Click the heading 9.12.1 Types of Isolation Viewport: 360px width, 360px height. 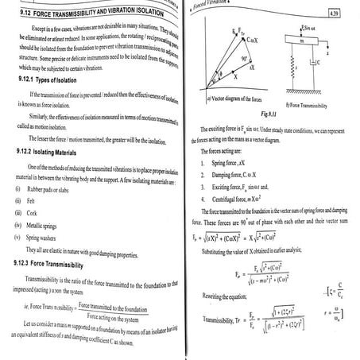[x=56, y=97]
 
